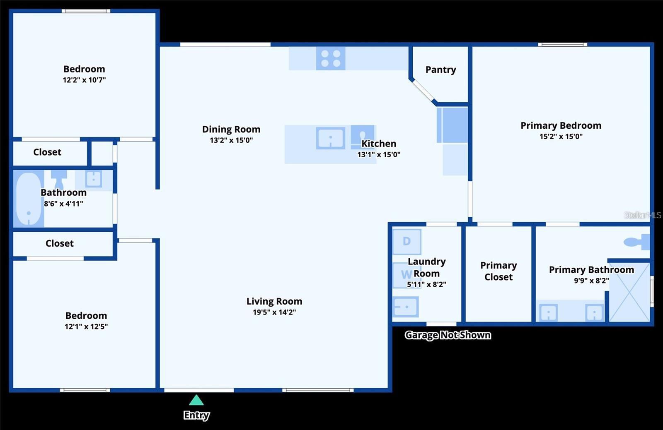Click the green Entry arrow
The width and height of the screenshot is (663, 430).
pos(196,400)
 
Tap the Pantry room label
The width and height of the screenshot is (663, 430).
pos(440,70)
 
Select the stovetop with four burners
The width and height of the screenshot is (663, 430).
pos(331,58)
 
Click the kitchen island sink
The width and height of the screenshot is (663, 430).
pos(330,138)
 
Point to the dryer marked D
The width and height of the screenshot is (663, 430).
pos(407,241)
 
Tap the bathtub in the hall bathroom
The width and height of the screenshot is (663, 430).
pos(29,199)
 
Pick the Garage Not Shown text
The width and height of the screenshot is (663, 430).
pos(448,335)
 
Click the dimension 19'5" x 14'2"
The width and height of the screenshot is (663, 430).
pos(274,312)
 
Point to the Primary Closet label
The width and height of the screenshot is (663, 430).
pos(498,271)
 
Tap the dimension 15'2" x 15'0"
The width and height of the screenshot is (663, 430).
pos(561,137)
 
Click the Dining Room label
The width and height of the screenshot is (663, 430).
pos(231,130)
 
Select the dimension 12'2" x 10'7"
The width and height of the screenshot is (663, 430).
pos(84,80)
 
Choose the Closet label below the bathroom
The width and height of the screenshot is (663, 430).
pos(60,243)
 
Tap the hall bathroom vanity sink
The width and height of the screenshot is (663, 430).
pos(94,179)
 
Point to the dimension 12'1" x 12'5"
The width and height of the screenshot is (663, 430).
pos(86,327)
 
